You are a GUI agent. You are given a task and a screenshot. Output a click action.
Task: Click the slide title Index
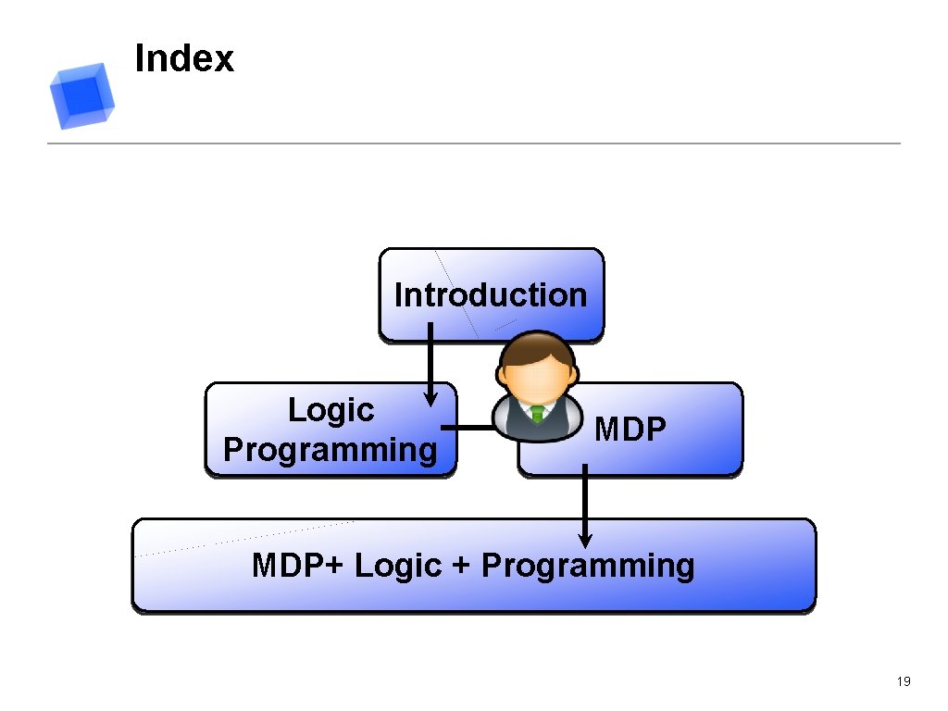tap(184, 58)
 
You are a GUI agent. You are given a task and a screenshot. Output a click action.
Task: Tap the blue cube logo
tap(82, 95)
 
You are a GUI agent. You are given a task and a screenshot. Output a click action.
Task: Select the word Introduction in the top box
tap(491, 295)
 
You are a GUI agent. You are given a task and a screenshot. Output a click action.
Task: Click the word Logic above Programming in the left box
tap(331, 409)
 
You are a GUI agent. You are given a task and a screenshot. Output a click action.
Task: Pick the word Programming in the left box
tap(331, 450)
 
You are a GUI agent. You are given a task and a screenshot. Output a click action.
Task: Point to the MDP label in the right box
tap(630, 430)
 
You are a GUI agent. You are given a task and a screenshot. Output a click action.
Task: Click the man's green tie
tap(537, 413)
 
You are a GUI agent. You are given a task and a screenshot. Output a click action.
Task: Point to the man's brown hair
tap(536, 348)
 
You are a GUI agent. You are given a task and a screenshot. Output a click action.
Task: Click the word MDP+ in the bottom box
tap(296, 565)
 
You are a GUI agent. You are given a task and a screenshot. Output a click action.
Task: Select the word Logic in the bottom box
tap(398, 565)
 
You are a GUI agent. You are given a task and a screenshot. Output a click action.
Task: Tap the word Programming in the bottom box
tap(588, 565)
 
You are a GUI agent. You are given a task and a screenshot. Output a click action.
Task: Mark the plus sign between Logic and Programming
tap(461, 566)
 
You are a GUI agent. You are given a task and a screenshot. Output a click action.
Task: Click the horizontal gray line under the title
tap(474, 143)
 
